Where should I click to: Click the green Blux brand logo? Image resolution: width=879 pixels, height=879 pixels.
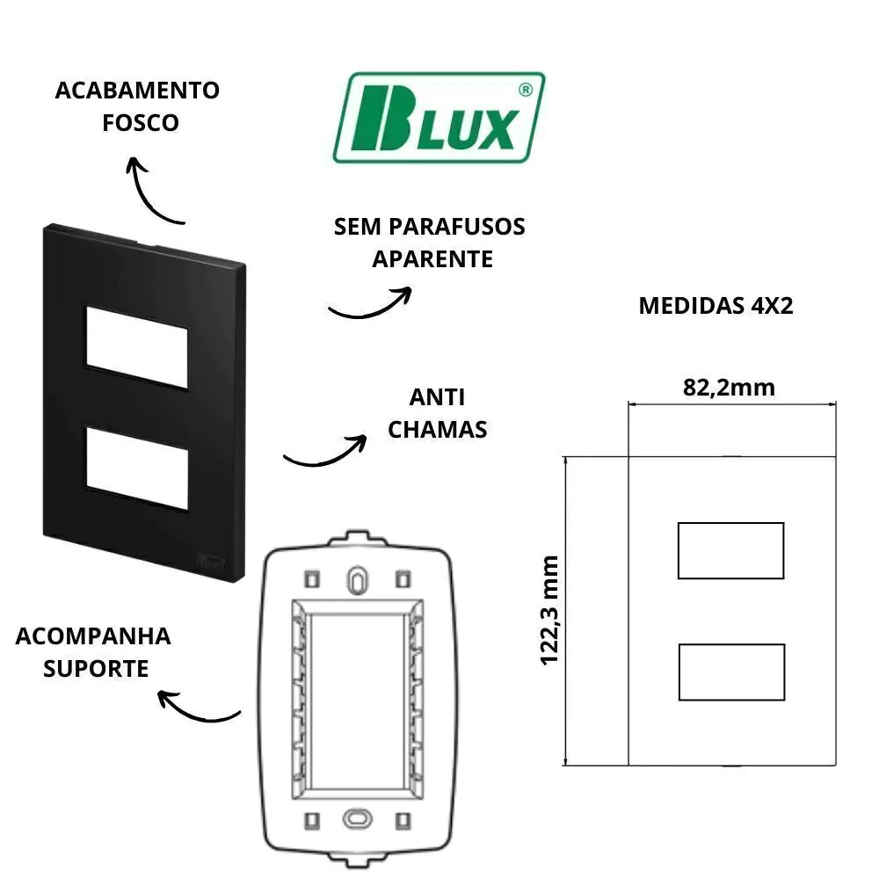pyautogui.click(x=439, y=118)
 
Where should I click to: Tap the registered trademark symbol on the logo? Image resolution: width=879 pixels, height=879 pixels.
pyautogui.click(x=526, y=90)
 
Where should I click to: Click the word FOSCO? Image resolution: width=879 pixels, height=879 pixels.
pyautogui.click(x=140, y=123)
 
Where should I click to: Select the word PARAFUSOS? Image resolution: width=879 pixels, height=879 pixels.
pyautogui.click(x=457, y=227)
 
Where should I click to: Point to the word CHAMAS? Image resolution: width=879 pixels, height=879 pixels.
pyautogui.click(x=437, y=430)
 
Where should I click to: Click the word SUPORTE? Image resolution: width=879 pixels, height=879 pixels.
pyautogui.click(x=96, y=668)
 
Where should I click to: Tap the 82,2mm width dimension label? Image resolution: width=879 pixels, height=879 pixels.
pyautogui.click(x=729, y=388)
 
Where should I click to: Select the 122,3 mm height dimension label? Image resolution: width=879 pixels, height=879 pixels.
pyautogui.click(x=550, y=611)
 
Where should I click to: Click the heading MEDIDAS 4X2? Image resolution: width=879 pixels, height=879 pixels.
pyautogui.click(x=716, y=306)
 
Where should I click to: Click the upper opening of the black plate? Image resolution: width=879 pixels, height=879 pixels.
pyautogui.click(x=137, y=347)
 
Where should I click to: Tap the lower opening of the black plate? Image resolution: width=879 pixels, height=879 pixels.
pyautogui.click(x=137, y=469)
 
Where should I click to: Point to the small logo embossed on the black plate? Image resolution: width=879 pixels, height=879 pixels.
pyautogui.click(x=211, y=561)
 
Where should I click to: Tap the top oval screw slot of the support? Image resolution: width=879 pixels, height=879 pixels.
pyautogui.click(x=357, y=580)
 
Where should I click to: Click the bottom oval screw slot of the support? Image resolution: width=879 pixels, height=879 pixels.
pyautogui.click(x=357, y=819)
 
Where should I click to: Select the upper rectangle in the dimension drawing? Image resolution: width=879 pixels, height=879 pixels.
pyautogui.click(x=731, y=550)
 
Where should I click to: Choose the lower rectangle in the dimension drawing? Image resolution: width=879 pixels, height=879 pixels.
pyautogui.click(x=731, y=672)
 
